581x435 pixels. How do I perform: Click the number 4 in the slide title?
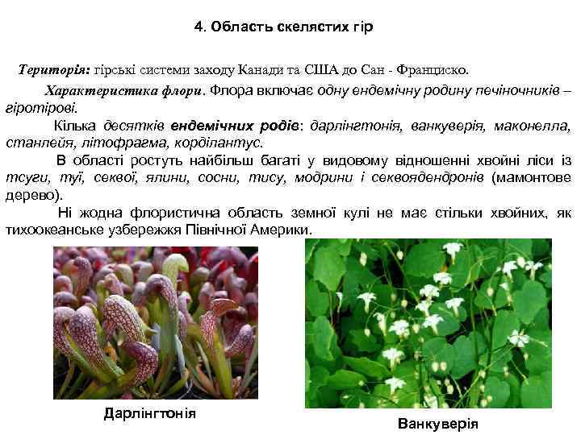coord(198,27)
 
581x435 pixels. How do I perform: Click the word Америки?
coord(282,230)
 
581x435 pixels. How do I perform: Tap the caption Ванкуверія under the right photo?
coord(438,424)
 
